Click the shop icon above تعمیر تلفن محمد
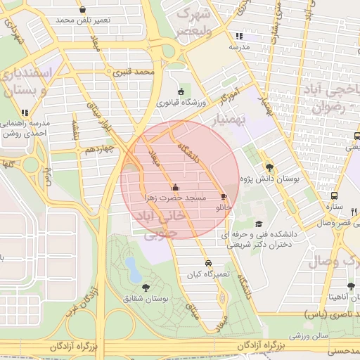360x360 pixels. pos(84,10)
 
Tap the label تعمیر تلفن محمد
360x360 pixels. pos(84,20)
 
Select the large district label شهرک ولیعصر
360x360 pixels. pos(193,22)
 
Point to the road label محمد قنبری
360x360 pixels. pos(133,72)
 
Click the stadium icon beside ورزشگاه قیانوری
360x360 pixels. pos(181,91)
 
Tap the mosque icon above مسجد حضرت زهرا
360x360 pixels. pos(174,188)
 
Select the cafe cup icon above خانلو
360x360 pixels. pos(224,197)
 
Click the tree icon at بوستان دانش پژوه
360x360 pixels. pos(269,167)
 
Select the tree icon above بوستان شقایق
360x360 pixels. pos(146,287)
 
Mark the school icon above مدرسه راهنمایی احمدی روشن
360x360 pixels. pos(25,112)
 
